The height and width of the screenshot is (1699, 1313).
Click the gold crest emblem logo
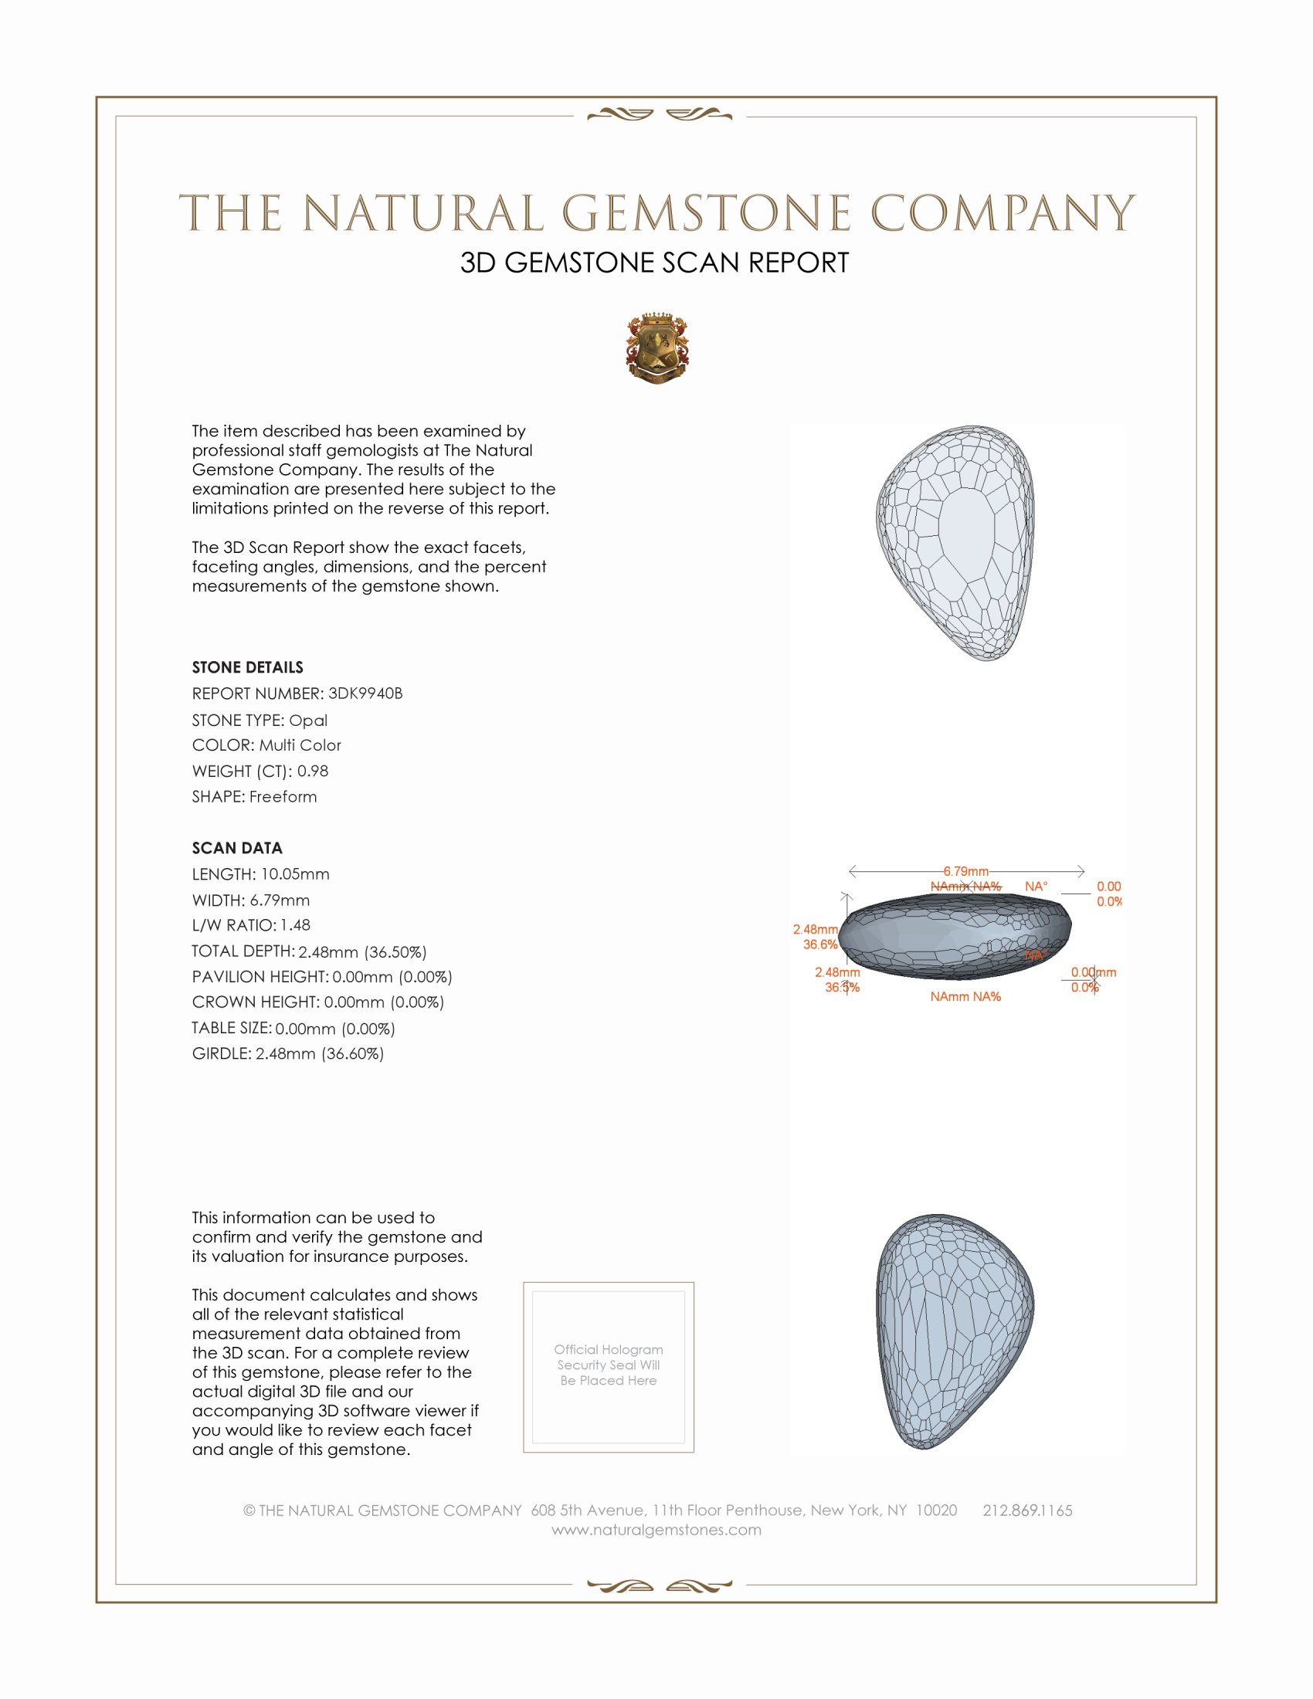pyautogui.click(x=657, y=348)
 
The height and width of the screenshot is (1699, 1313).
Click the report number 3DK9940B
pyautogui.click(x=365, y=694)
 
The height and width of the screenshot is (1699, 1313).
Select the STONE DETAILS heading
pyautogui.click(x=247, y=667)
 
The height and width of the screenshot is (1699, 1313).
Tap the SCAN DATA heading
pyautogui.click(x=237, y=848)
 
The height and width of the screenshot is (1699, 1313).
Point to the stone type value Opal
pyautogui.click(x=308, y=721)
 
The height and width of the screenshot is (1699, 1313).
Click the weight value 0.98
pyautogui.click(x=313, y=771)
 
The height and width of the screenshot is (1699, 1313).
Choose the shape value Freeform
pyautogui.click(x=283, y=797)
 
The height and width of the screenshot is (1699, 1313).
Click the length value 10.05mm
pyautogui.click(x=295, y=873)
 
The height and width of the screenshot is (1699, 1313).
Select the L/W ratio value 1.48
pyautogui.click(x=295, y=925)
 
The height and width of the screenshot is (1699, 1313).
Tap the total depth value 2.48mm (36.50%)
pyautogui.click(x=362, y=951)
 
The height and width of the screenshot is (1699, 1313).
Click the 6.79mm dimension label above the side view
pyautogui.click(x=966, y=871)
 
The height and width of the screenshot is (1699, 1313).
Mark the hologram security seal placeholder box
pyautogui.click(x=609, y=1367)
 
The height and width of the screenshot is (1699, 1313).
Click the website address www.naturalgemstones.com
pyautogui.click(x=656, y=1529)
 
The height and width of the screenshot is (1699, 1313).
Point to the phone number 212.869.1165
pyautogui.click(x=1026, y=1510)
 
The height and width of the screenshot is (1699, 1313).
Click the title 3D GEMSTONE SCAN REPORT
pyautogui.click(x=654, y=263)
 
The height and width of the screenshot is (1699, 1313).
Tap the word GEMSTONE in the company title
pyautogui.click(x=706, y=213)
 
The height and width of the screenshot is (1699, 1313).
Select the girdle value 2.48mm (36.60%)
pyautogui.click(x=320, y=1053)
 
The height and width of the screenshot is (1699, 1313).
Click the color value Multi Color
pyautogui.click(x=300, y=745)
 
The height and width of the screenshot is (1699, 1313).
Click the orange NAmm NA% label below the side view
pyautogui.click(x=965, y=996)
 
